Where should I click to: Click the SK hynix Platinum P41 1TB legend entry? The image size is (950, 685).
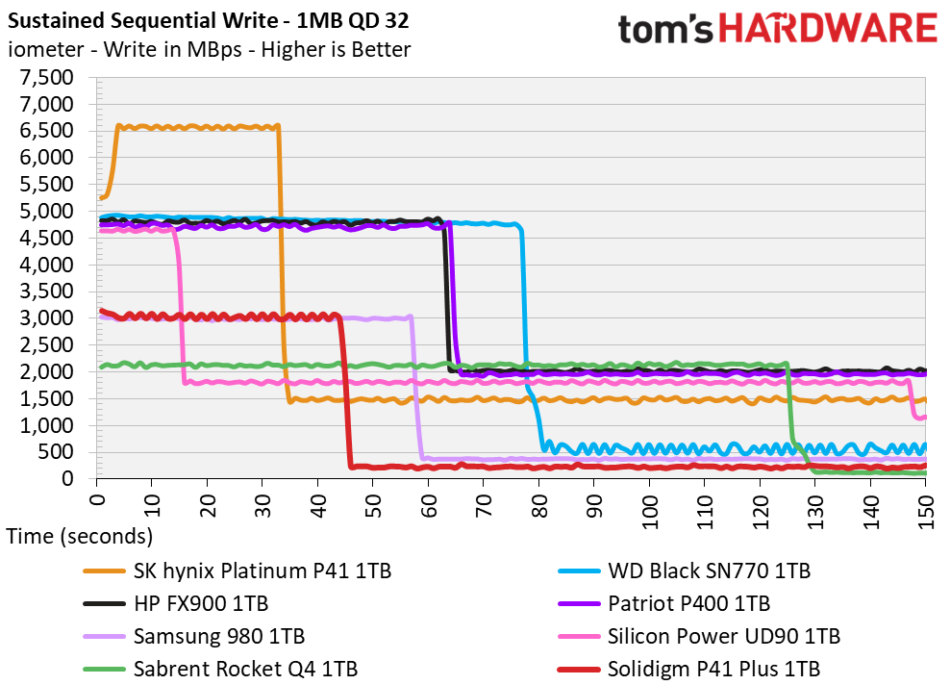click(x=237, y=571)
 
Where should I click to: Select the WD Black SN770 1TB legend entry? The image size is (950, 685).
click(x=684, y=571)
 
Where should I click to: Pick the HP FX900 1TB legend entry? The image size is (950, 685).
click(x=176, y=604)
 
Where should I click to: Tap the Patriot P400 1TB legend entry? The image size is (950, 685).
click(x=663, y=604)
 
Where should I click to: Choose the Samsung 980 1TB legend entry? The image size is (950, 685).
click(x=194, y=637)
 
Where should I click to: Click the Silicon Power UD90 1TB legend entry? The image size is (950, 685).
click(x=699, y=637)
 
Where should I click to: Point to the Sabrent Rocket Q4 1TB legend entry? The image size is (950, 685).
click(x=220, y=670)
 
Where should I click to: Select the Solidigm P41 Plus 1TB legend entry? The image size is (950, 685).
click(x=688, y=670)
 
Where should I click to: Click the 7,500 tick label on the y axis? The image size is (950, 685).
click(x=47, y=78)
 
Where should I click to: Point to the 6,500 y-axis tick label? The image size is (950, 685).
click(x=47, y=131)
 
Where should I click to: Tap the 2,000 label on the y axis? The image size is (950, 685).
click(x=47, y=371)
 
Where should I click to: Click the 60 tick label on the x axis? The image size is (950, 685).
click(x=428, y=504)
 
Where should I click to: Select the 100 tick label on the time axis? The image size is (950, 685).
click(x=649, y=511)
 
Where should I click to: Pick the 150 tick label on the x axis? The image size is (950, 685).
click(x=926, y=511)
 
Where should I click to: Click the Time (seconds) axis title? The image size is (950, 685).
click(x=80, y=537)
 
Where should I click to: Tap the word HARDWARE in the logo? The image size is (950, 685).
click(x=829, y=29)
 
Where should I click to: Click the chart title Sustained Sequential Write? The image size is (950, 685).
click(x=143, y=21)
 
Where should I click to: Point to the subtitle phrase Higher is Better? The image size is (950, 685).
click(x=336, y=50)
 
